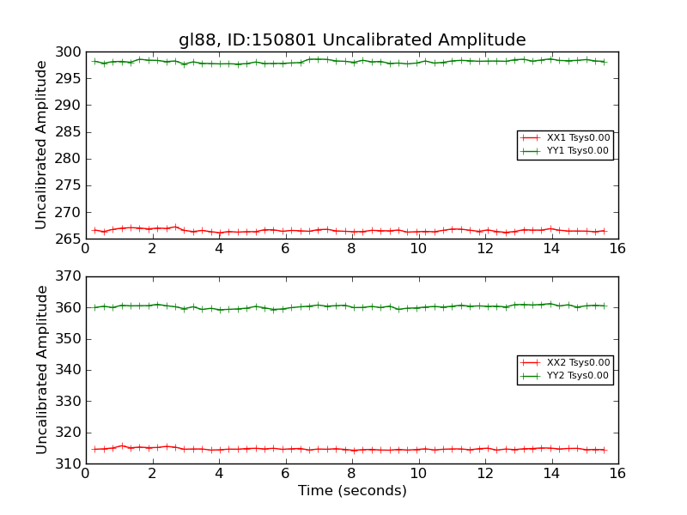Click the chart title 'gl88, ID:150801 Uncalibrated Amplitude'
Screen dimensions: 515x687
point(352,39)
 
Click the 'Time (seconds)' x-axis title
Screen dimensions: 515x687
point(352,491)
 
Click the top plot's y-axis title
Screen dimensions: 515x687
point(41,145)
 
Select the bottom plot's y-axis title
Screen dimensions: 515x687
point(41,370)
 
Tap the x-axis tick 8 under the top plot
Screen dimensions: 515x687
point(351,249)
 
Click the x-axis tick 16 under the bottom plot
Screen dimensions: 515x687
point(617,474)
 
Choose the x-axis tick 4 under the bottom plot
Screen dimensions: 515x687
point(218,474)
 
